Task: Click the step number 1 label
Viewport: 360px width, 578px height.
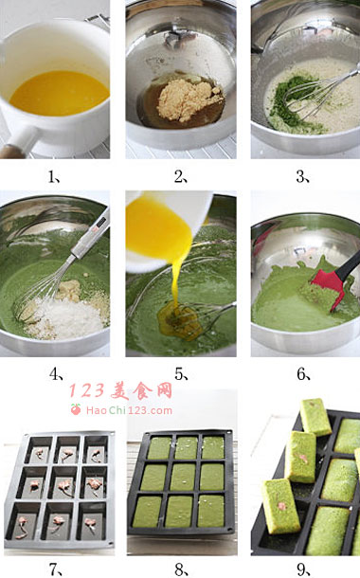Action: [x=53, y=177]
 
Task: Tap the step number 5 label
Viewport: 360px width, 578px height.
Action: [x=181, y=374]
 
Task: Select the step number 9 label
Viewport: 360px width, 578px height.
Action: [x=303, y=569]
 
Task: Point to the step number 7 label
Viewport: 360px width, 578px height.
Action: [x=56, y=569]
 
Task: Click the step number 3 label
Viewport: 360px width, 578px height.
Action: [x=302, y=177]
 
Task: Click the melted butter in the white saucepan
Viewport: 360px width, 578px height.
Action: [x=60, y=93]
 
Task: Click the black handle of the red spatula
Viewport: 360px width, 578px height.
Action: [x=349, y=264]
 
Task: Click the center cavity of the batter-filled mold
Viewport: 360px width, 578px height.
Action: [x=183, y=479]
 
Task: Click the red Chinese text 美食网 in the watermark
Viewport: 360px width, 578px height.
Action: [x=142, y=390]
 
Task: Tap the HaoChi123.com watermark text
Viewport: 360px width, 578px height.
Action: [x=129, y=410]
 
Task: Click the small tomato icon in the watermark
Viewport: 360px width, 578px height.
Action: [x=76, y=409]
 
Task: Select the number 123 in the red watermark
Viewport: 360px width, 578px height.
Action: [x=86, y=391]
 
